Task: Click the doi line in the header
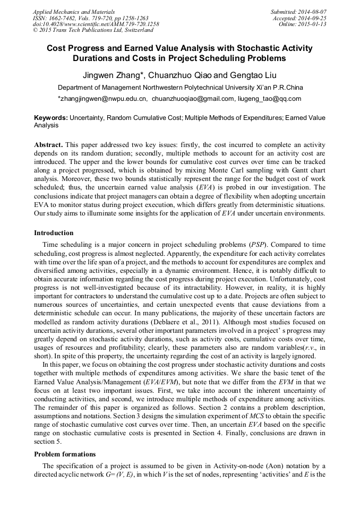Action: pyautogui.click(x=96, y=24)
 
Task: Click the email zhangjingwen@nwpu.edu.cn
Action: pyautogui.click(x=102, y=99)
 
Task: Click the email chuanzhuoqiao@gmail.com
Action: pyautogui.click(x=193, y=99)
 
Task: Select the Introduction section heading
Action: pyautogui.click(x=54, y=232)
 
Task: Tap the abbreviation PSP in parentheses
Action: pyautogui.click(x=259, y=244)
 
